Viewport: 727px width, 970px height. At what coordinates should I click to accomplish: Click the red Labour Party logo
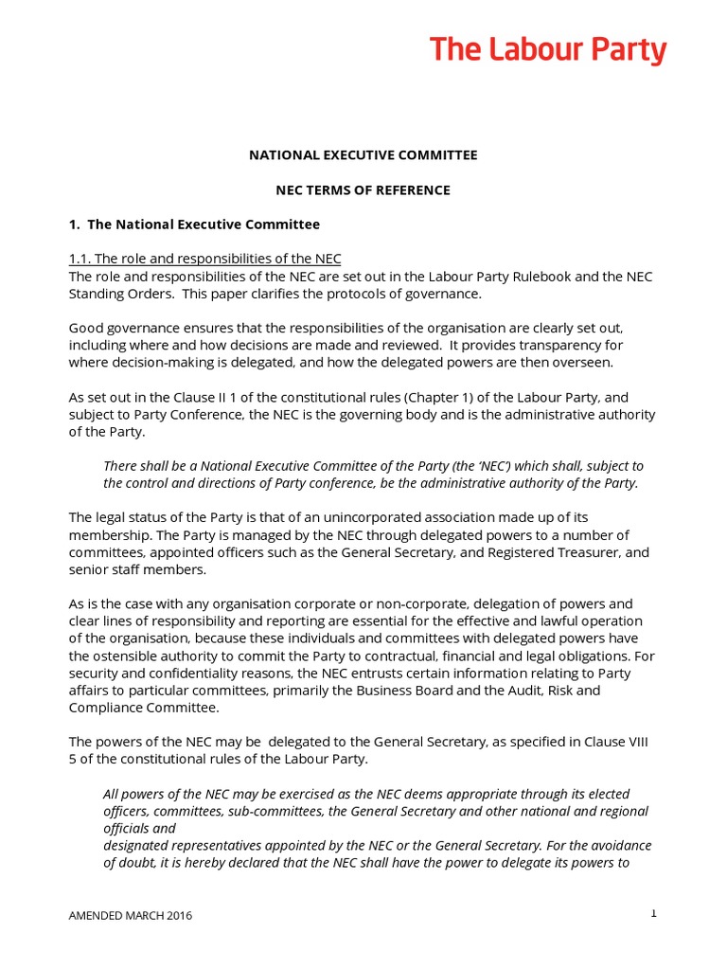[548, 50]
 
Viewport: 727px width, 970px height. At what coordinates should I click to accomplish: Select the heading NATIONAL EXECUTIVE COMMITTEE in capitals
[363, 154]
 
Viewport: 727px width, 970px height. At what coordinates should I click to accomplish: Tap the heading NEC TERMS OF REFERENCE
[363, 189]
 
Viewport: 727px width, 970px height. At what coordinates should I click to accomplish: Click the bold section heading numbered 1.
[194, 225]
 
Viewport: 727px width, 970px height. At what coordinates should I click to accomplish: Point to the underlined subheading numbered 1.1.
[204, 259]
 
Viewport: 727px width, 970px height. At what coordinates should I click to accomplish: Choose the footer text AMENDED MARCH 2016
[131, 916]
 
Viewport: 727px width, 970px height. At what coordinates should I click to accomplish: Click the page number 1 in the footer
[653, 913]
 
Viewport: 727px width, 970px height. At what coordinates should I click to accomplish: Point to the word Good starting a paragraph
[86, 328]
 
